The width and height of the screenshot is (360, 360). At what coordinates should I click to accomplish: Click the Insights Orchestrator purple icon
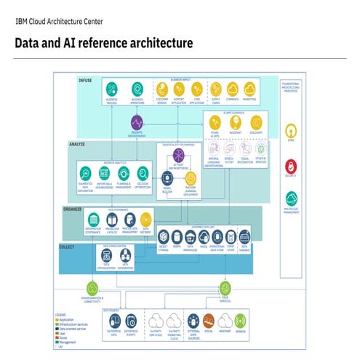point(137,123)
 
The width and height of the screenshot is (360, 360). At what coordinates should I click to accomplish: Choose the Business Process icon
point(111,89)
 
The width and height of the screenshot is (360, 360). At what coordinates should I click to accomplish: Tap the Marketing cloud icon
point(249,89)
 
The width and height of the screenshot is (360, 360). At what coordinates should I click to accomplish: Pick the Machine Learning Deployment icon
point(191,177)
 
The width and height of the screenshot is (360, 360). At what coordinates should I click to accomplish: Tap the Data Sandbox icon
point(245,236)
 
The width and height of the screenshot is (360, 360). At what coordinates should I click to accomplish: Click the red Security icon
point(291,167)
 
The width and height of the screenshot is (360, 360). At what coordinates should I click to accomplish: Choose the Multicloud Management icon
point(291,199)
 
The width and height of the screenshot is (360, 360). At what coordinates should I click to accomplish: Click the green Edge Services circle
point(225,289)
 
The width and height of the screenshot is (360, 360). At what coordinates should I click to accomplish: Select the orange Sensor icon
point(239,320)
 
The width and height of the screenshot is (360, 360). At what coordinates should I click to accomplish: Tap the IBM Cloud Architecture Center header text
point(58,21)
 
